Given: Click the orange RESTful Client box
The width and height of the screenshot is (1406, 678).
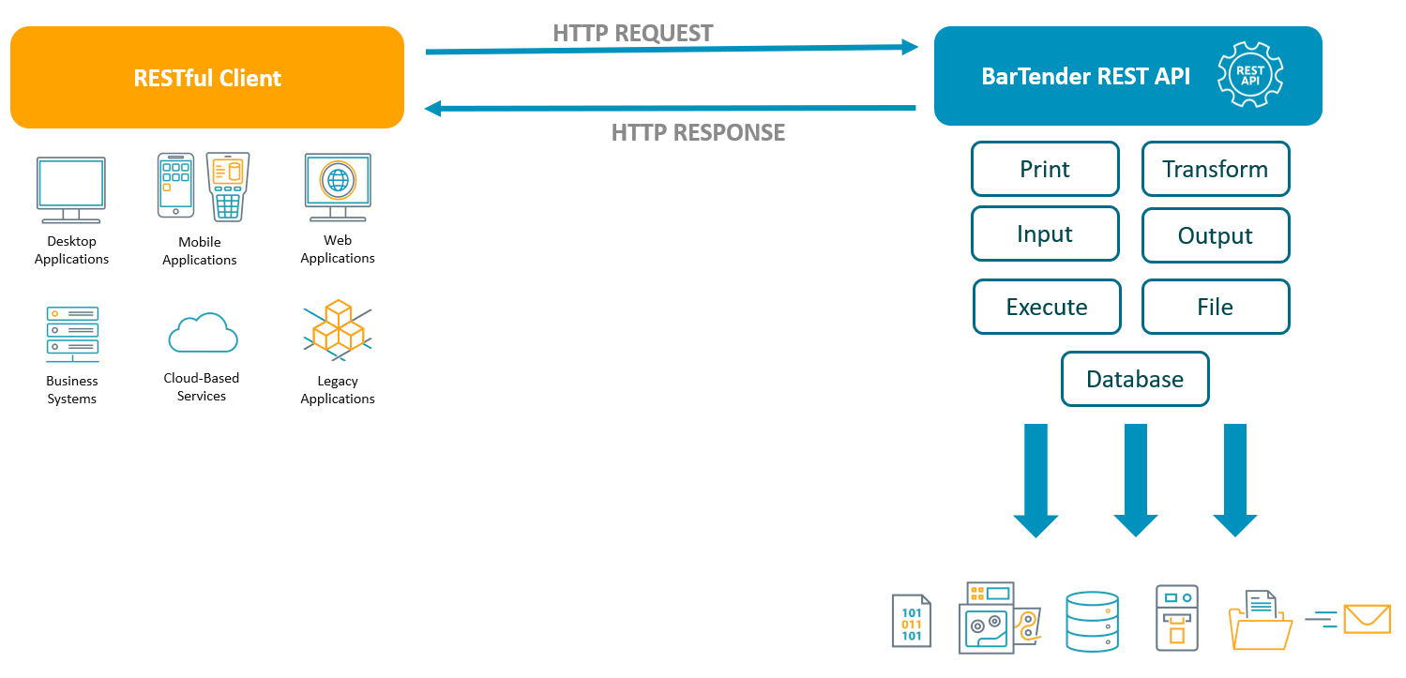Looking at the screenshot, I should [x=206, y=77].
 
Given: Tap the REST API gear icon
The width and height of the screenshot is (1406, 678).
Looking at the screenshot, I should [x=1249, y=75].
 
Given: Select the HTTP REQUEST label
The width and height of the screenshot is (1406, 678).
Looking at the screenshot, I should [x=632, y=34].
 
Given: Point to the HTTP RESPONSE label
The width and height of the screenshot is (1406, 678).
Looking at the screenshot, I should [x=698, y=132].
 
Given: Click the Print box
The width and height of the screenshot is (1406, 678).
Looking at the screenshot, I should [x=1045, y=169].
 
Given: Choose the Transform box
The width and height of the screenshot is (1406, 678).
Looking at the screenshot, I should [x=1215, y=169].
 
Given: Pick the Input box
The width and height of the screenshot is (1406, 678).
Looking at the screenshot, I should [x=1045, y=234].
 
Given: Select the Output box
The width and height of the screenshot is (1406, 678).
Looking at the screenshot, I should [x=1215, y=235].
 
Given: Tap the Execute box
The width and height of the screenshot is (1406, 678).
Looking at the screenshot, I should [x=1047, y=307].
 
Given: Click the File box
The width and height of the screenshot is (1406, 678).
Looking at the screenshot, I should [x=1215, y=307].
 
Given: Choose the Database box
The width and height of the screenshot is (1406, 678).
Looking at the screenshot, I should [x=1135, y=379].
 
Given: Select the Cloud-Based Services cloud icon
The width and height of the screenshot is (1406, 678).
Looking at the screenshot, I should [x=203, y=334].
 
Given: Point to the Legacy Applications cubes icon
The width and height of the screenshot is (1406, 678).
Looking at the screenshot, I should [x=338, y=330].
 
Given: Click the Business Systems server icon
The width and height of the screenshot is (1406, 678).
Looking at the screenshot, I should [x=72, y=334].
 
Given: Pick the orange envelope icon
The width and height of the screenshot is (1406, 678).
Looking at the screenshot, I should [x=1367, y=619].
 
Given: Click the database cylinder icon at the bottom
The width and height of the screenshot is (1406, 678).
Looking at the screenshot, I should [x=1093, y=621].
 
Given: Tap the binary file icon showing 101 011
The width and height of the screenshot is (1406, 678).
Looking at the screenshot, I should [x=912, y=621].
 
